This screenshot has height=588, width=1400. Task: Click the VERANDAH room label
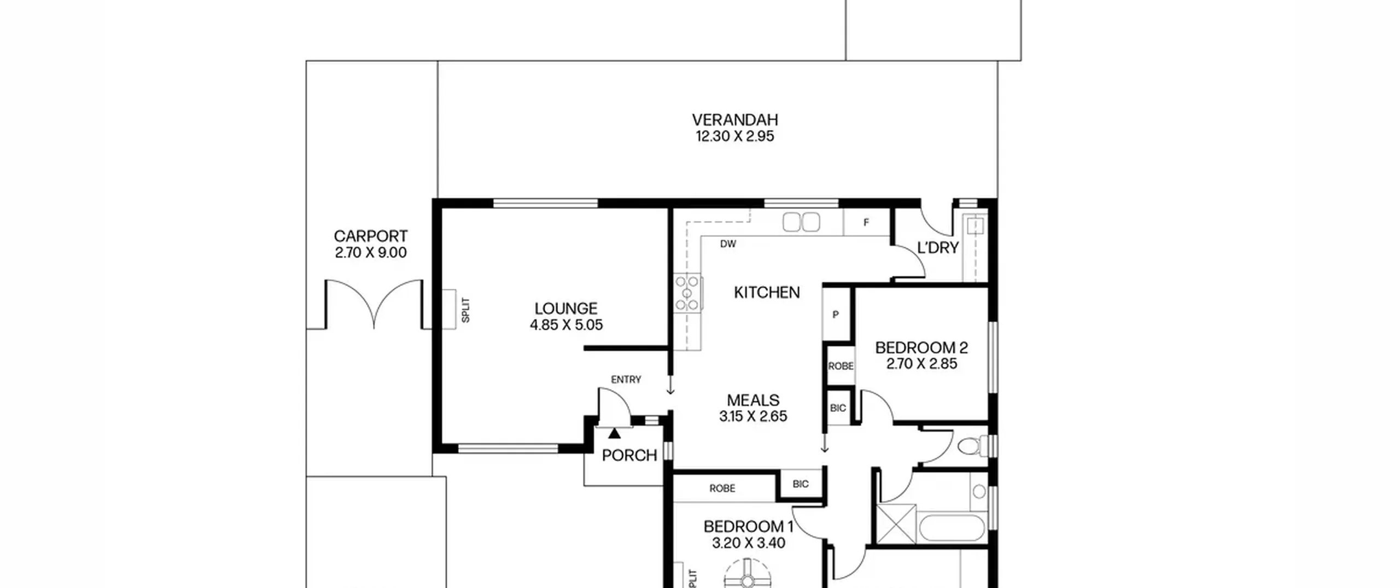click(734, 120)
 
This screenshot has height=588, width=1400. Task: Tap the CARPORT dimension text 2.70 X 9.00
click(371, 253)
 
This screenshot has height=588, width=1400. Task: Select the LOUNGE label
click(566, 308)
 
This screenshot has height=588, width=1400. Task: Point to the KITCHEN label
click(767, 293)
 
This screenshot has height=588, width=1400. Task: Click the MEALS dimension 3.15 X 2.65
click(753, 416)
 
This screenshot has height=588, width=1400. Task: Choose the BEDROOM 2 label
click(921, 347)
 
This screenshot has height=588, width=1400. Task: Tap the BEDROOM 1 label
click(748, 527)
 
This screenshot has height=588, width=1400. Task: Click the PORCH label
click(629, 455)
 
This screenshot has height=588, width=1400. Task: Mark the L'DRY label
click(938, 248)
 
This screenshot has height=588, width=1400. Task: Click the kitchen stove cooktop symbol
click(687, 293)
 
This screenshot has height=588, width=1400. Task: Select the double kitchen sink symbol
click(801, 222)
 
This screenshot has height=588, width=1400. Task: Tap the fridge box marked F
click(866, 223)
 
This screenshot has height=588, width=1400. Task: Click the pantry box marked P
click(836, 315)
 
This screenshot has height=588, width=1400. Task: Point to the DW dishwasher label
click(728, 244)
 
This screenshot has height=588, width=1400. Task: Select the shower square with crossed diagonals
click(896, 523)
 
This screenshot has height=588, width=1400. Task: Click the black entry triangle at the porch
click(615, 433)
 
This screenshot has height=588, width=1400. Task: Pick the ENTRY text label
click(626, 380)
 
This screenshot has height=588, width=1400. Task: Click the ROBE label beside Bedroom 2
click(841, 366)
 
